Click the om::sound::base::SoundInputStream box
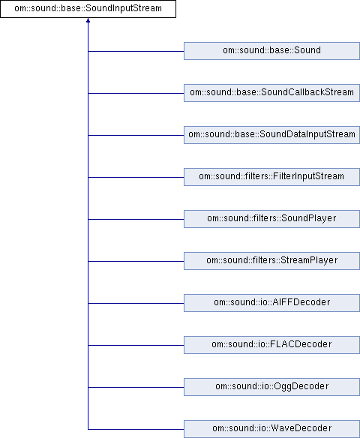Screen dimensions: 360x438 (88, 9)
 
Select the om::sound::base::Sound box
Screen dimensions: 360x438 (271, 51)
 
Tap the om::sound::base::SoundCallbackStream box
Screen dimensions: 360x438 (271, 93)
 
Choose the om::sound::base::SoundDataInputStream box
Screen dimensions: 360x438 (271, 135)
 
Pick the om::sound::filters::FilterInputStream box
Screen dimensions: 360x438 (271, 177)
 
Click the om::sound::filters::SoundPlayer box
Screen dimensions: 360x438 (271, 219)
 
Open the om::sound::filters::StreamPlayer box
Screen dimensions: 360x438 (271, 261)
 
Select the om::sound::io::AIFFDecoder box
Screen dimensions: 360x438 (271, 303)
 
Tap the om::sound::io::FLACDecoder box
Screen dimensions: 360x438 (271, 345)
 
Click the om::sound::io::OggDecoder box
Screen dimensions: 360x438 (271, 387)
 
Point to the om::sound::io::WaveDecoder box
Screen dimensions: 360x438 (271, 429)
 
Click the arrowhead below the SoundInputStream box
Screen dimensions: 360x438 (88, 20)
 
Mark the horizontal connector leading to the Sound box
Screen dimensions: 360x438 (136, 52)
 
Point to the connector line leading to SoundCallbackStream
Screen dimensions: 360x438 (136, 93)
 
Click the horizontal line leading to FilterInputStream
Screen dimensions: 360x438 (136, 178)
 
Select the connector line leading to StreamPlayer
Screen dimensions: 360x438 (136, 262)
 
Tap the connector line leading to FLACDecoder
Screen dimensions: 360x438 (136, 345)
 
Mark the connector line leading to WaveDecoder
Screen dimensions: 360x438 (136, 429)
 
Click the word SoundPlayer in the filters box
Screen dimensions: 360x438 (308, 218)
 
